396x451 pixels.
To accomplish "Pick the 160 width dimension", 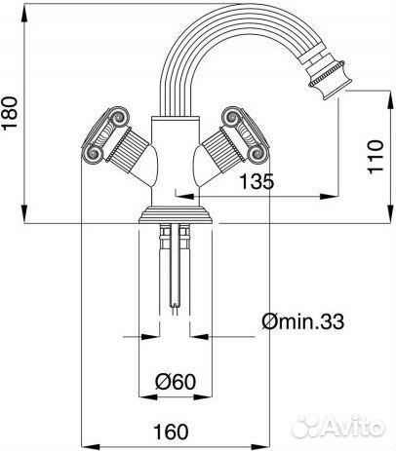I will (x=172, y=428).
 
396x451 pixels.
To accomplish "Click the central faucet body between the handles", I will (x=176, y=156).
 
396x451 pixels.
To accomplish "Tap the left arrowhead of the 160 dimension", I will (x=80, y=440).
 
